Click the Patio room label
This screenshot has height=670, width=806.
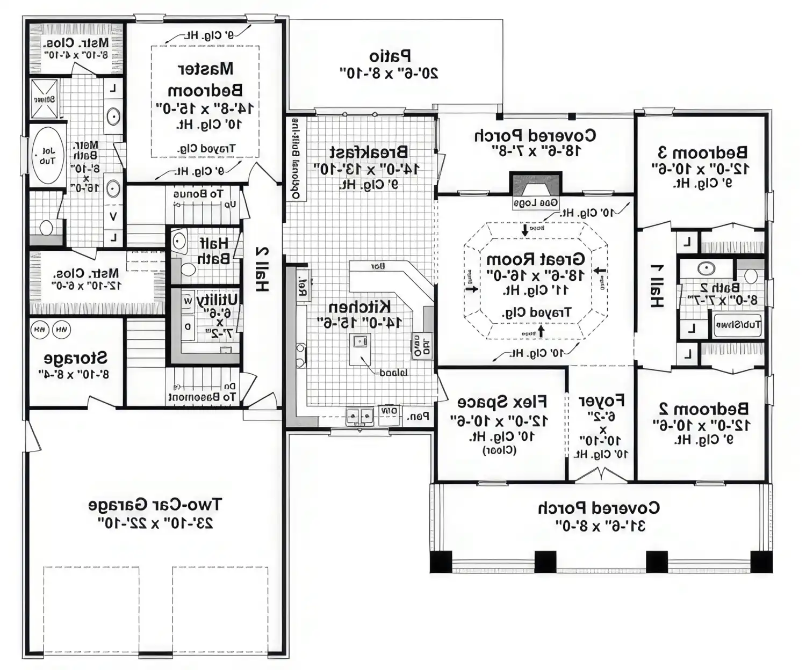(390, 56)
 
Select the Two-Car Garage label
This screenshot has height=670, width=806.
(155, 505)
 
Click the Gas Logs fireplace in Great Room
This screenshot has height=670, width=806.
(535, 190)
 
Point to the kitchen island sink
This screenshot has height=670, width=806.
(359, 340)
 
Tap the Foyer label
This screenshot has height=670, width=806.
(601, 400)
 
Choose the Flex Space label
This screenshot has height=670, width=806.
(502, 402)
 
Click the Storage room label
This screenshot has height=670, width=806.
(75, 358)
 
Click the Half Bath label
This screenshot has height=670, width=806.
(213, 251)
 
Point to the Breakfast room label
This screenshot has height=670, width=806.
(368, 152)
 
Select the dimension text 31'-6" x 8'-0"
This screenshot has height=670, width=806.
(600, 526)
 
